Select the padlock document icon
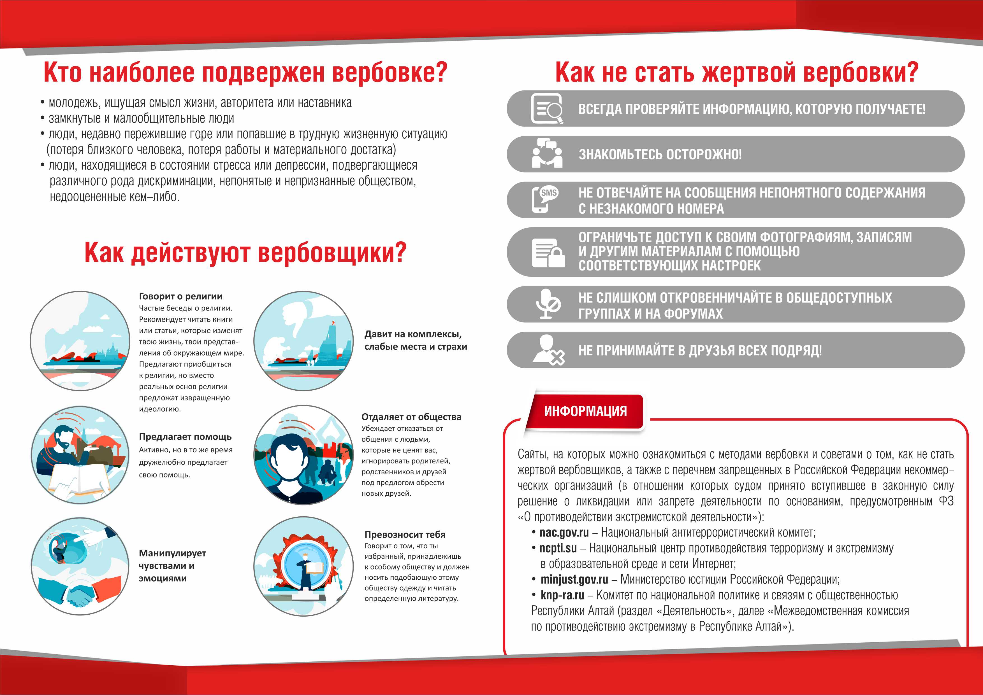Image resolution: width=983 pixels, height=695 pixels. click(548, 253)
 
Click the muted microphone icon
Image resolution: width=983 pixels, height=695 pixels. click(548, 304)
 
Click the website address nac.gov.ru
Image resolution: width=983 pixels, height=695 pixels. click(564, 533)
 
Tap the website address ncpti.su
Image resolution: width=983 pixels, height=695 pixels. click(558, 548)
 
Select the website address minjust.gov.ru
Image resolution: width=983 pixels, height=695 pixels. click(574, 579)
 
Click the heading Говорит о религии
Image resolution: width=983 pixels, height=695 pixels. click(181, 296)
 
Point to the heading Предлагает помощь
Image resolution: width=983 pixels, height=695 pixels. click(185, 437)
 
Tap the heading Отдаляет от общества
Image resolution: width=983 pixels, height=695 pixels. click(411, 417)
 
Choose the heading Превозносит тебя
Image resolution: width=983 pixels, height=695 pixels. click(405, 535)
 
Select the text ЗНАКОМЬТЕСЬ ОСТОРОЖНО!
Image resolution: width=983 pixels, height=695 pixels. click(660, 155)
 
